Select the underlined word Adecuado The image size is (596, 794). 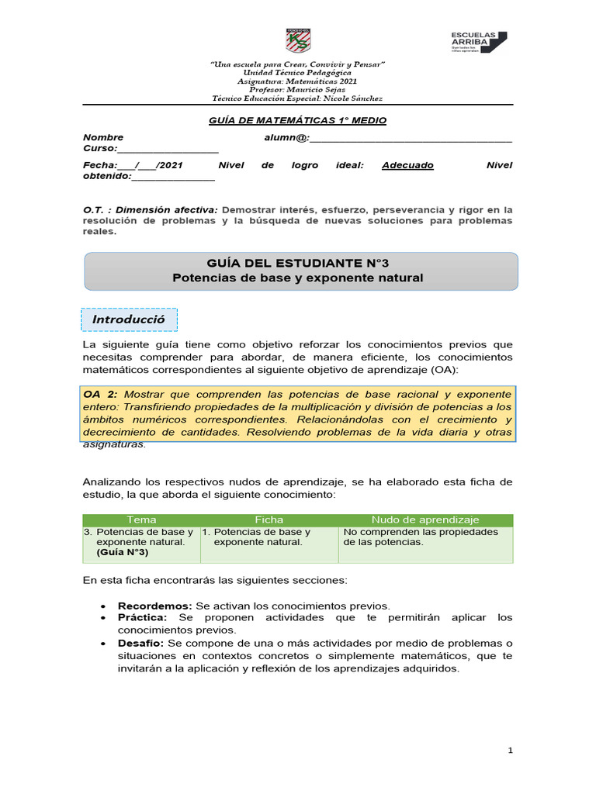coord(407,165)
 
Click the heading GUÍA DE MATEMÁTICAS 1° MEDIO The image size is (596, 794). coord(298,121)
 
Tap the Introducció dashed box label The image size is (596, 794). coord(130,319)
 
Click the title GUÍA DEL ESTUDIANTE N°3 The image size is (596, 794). coord(299,264)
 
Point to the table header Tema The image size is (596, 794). coord(140,520)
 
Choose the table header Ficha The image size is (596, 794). coord(269,520)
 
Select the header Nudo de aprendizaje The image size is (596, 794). coord(425,520)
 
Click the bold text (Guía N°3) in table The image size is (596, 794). coord(123,552)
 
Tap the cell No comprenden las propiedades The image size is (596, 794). coord(421,532)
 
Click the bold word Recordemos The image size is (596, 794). coord(154,605)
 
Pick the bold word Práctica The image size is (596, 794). coord(142,617)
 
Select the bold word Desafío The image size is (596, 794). coord(140,643)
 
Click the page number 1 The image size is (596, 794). coord(511,751)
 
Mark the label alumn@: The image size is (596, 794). coord(286,137)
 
